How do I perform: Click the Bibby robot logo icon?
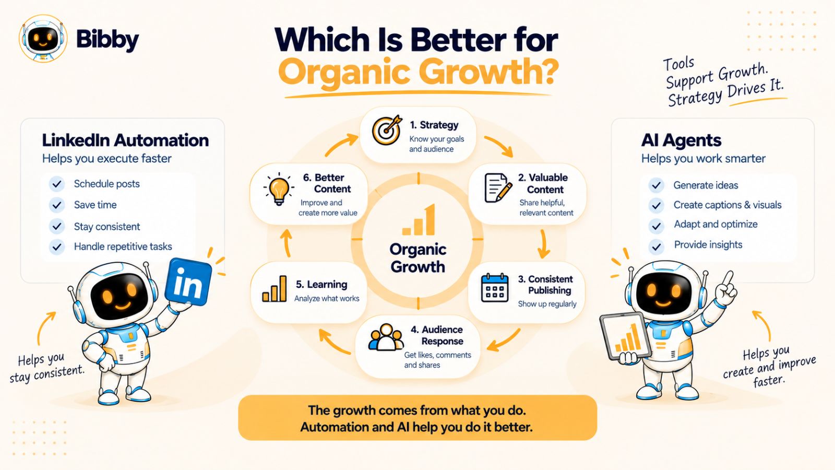pos(43,38)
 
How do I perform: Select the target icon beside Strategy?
pos(387,130)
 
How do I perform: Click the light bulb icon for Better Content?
pos(279,189)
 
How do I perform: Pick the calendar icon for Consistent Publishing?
pos(495,288)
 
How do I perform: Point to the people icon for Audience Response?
pos(386,337)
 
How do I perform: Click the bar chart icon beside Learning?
pos(275,289)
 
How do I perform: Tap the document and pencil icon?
pos(498,188)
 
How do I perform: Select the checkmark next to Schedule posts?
pos(57,184)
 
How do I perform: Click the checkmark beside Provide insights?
pos(656,246)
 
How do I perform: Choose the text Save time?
pos(95,205)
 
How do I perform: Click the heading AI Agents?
pos(681,140)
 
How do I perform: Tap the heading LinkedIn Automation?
pos(125,140)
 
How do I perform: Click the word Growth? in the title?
pos(488,71)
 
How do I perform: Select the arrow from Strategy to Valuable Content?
pos(499,146)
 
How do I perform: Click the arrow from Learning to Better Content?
pos(287,243)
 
